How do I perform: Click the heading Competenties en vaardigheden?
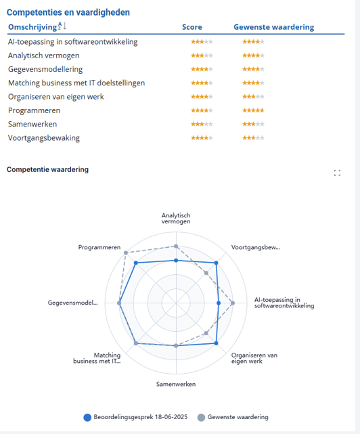click(x=68, y=12)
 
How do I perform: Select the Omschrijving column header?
click(x=32, y=27)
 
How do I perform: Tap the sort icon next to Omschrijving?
click(x=62, y=26)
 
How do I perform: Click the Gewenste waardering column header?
click(x=273, y=27)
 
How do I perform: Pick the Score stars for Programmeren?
click(x=202, y=110)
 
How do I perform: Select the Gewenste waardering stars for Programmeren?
click(x=253, y=110)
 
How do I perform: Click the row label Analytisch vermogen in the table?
click(x=44, y=56)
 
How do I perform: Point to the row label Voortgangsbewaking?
click(x=44, y=138)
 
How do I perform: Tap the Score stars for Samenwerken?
click(x=202, y=124)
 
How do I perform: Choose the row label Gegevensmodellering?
click(x=45, y=69)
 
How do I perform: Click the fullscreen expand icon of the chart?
click(x=337, y=173)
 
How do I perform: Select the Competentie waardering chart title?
click(x=47, y=169)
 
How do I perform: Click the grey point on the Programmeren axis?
click(x=126, y=253)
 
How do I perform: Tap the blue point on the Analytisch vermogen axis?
click(x=176, y=261)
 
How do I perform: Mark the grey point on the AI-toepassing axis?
click(x=233, y=303)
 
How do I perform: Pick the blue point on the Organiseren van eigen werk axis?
click(x=216, y=343)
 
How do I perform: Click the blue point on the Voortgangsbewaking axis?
click(x=216, y=263)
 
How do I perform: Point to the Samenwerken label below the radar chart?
click(x=176, y=384)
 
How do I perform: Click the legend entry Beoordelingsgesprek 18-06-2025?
click(x=135, y=417)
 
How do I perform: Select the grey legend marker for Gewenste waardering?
click(x=201, y=417)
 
